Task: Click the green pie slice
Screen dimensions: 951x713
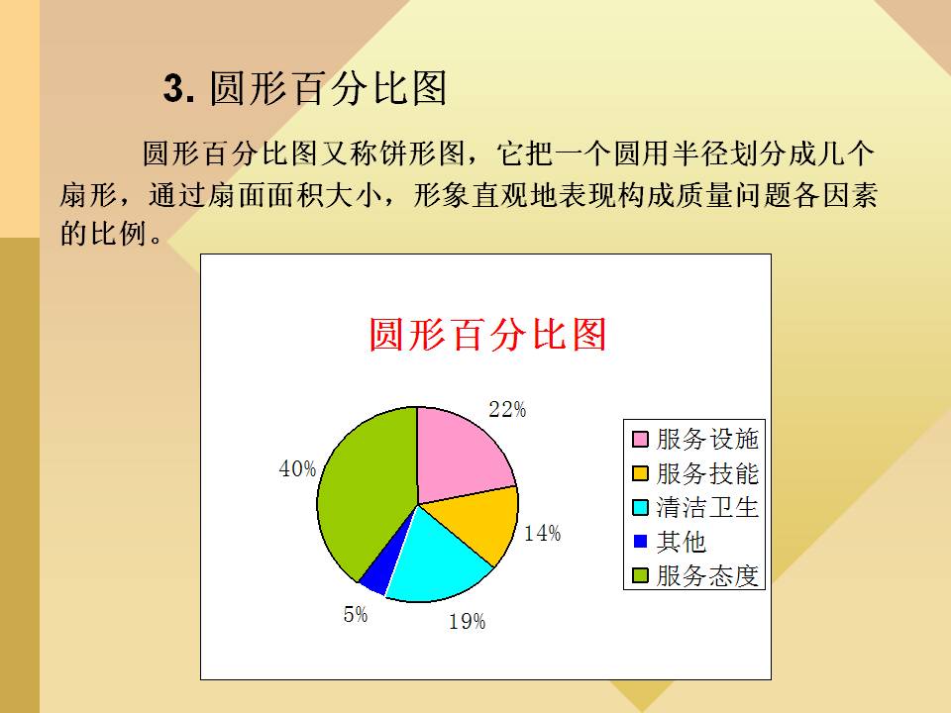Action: [x=364, y=491]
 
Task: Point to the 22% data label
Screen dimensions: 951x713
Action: [x=507, y=410]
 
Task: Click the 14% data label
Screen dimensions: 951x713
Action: [x=542, y=534]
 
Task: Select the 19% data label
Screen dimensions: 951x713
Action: [x=467, y=622]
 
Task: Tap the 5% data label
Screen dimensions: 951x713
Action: [x=356, y=614]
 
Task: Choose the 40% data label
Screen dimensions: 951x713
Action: [x=297, y=468]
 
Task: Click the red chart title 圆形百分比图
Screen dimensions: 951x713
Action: [x=487, y=334]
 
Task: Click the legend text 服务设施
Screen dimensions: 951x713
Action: [x=707, y=439]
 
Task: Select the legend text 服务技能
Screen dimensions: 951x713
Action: [x=707, y=473]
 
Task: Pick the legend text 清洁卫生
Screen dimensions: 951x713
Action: [x=707, y=507]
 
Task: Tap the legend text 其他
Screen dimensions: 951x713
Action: [x=682, y=542]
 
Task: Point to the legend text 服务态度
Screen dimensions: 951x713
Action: [x=707, y=575]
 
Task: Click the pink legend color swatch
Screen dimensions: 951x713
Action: [x=640, y=439]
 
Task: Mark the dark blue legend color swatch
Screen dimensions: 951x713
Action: [x=640, y=541]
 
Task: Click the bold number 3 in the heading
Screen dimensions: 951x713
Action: [x=173, y=88]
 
